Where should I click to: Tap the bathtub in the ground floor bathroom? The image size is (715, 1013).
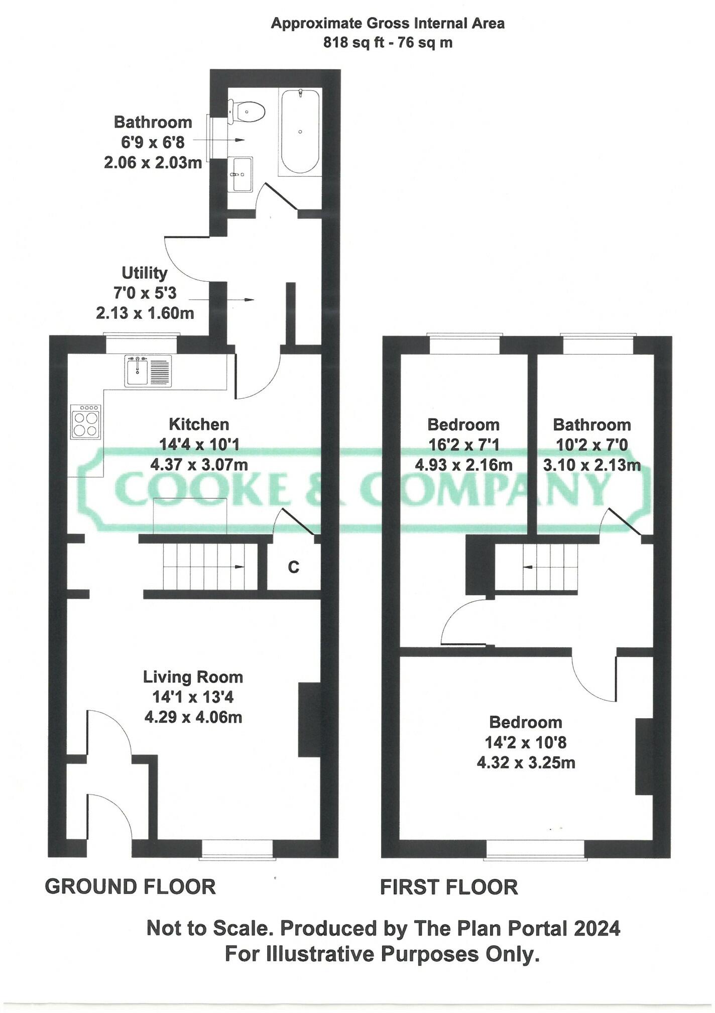point(300,132)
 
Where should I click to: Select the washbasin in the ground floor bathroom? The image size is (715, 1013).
point(243,174)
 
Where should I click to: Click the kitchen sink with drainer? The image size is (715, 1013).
point(148,371)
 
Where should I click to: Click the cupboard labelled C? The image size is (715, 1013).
point(294,567)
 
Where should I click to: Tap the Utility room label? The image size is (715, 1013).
point(145,273)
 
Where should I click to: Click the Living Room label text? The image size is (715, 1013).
point(193,677)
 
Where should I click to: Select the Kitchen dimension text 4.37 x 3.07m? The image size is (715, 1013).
point(199,464)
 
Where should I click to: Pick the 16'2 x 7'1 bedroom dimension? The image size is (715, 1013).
point(463,445)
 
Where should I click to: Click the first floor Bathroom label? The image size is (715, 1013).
point(591,425)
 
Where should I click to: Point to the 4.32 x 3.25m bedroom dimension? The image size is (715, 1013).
point(526,763)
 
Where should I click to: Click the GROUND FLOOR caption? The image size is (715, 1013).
point(131,887)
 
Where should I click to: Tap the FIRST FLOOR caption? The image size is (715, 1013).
point(449,887)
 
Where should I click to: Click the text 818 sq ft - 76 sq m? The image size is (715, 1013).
point(388,43)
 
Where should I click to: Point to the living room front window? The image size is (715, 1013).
point(237,849)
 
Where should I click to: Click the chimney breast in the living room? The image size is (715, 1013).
point(309,719)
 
